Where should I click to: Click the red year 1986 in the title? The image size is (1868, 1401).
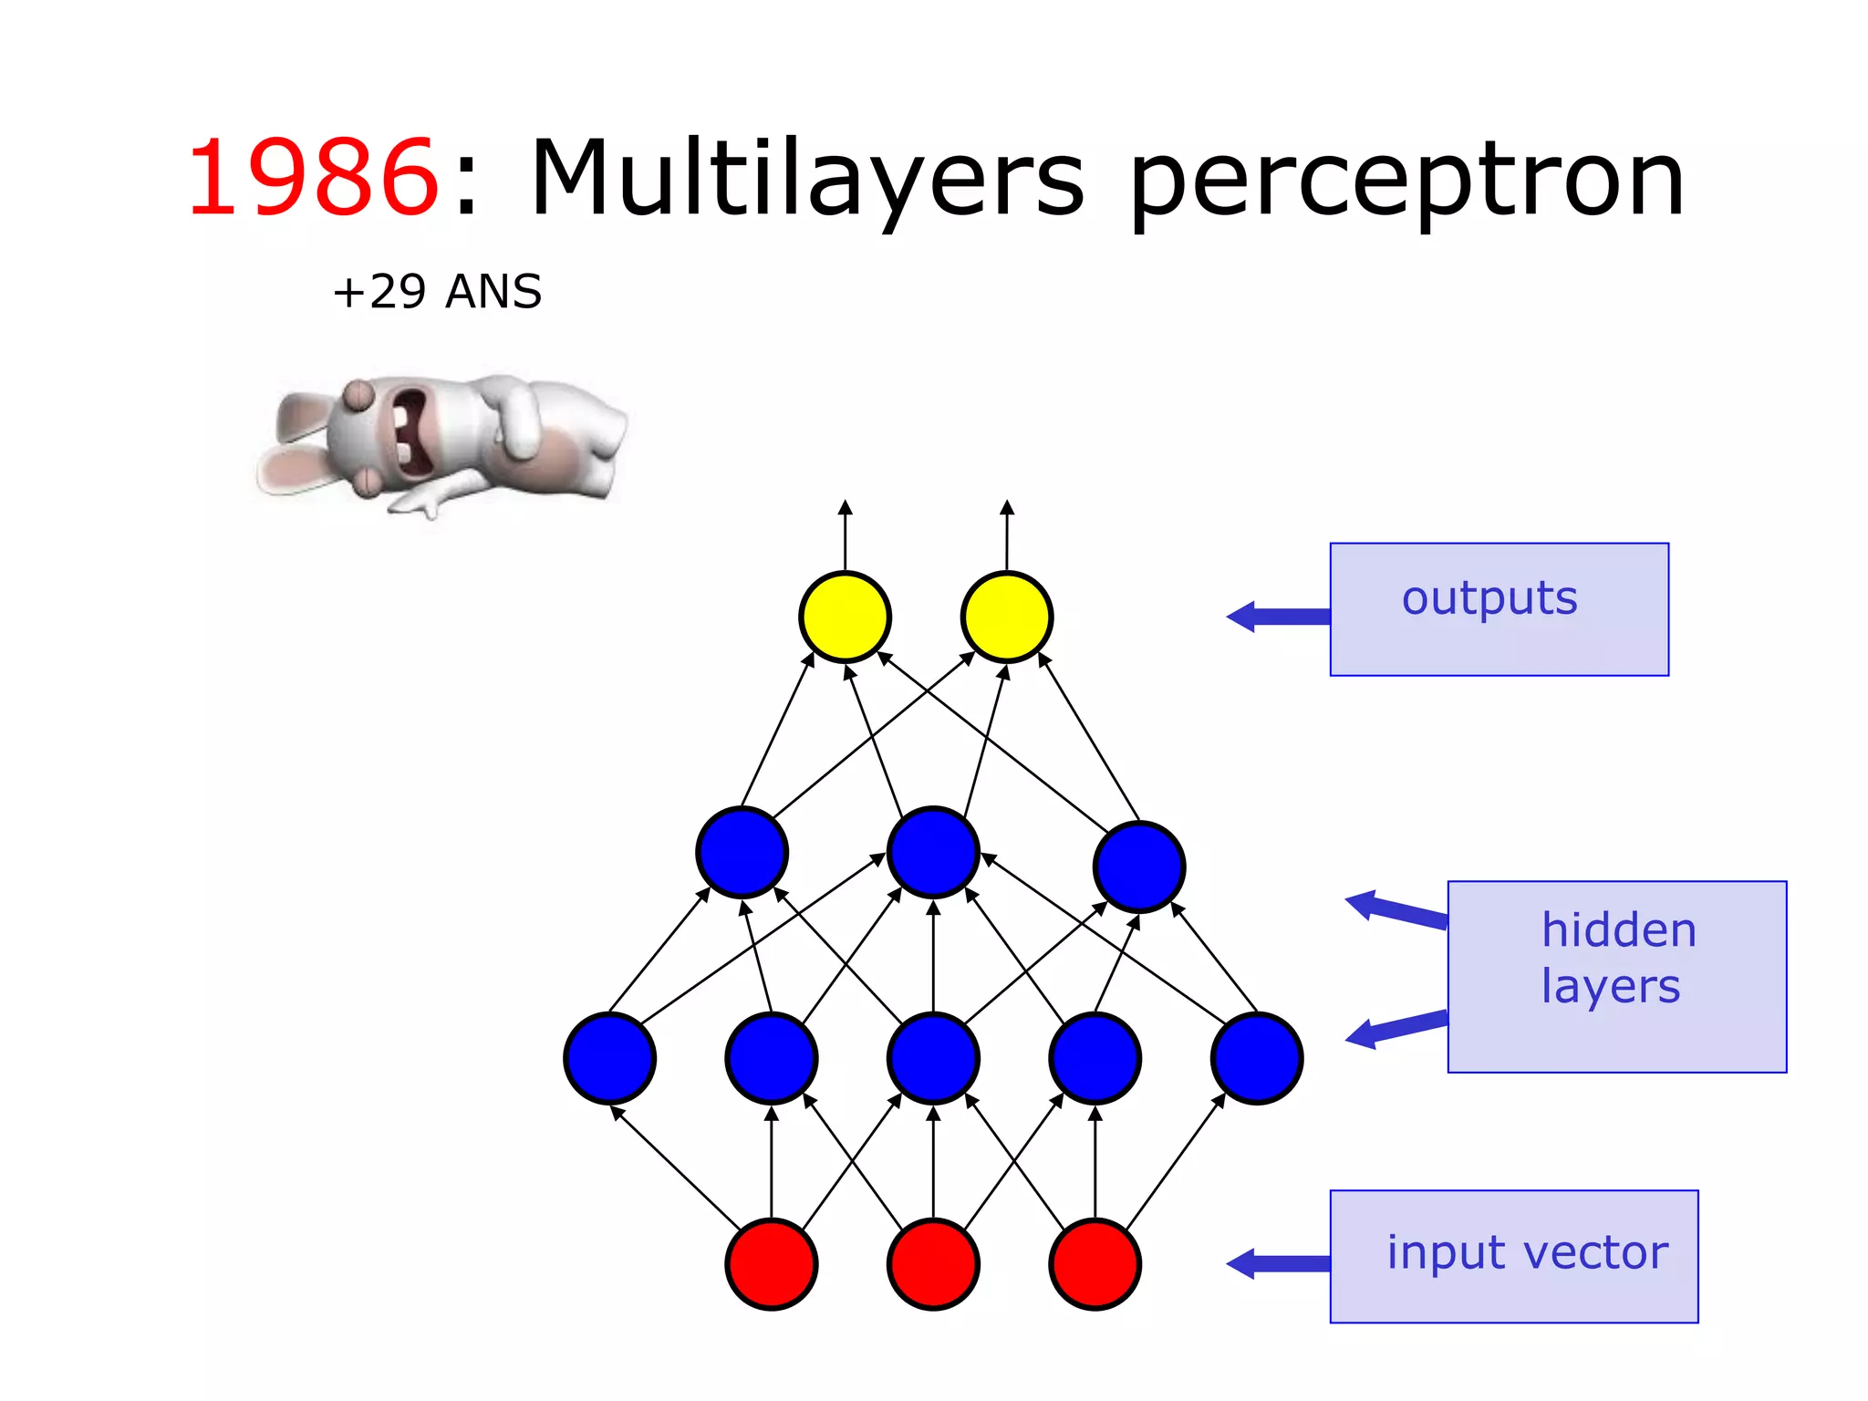click(313, 178)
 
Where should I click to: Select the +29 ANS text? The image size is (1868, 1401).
click(437, 292)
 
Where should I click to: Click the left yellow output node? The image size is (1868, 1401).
click(845, 617)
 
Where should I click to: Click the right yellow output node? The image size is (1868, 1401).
click(1007, 617)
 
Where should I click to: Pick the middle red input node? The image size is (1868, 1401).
click(933, 1264)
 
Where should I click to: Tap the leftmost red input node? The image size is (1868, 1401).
click(772, 1264)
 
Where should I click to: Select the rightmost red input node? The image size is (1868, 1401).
click(1095, 1264)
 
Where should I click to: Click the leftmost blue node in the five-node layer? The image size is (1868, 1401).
click(609, 1058)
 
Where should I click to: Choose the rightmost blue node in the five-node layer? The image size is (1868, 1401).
click(1257, 1058)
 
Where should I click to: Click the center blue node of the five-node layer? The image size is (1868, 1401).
click(933, 1058)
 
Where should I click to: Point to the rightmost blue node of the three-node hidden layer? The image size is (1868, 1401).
click(1139, 867)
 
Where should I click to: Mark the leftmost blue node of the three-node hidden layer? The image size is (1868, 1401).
click(742, 852)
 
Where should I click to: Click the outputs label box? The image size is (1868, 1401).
click(1499, 609)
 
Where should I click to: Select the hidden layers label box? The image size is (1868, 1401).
click(1616, 976)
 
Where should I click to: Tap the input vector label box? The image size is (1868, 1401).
click(1514, 1256)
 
